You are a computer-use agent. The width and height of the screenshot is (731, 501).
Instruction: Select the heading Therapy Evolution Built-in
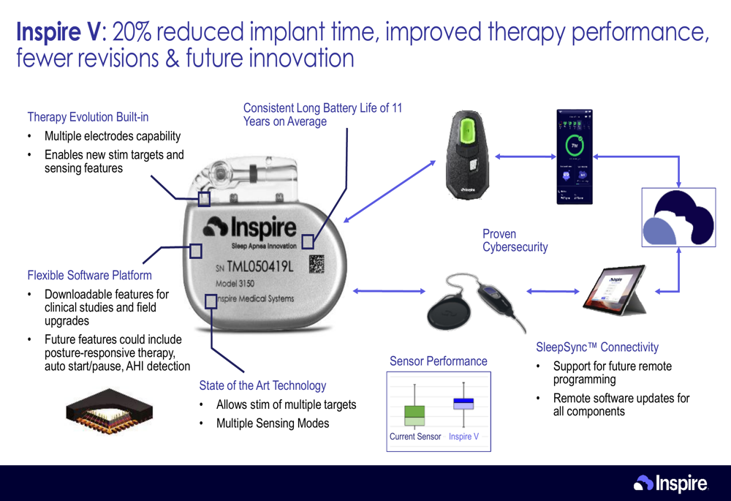tap(88, 117)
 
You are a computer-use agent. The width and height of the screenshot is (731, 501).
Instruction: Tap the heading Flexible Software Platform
tap(89, 276)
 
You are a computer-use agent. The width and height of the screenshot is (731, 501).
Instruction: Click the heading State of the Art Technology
tap(262, 385)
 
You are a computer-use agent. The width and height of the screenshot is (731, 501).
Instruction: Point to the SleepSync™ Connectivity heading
tap(597, 347)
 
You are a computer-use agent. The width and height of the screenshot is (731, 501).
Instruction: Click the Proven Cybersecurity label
tap(515, 241)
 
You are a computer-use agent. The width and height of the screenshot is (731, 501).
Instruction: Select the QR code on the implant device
tap(317, 263)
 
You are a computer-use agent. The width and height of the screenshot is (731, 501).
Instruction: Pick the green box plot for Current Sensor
tap(414, 415)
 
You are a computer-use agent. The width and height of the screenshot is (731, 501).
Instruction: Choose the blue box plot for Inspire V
tap(463, 403)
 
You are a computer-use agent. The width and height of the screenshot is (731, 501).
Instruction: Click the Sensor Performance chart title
tap(438, 361)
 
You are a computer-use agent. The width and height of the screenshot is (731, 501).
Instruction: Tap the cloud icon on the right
tap(678, 217)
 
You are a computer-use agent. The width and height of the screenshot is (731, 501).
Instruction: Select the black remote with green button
tap(467, 154)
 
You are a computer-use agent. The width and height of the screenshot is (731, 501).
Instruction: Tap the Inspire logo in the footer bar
tap(670, 483)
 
